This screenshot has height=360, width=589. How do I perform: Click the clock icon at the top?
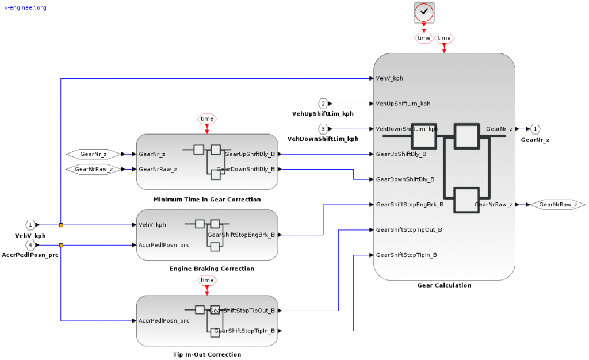[x=424, y=12]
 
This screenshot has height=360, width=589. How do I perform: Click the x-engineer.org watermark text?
[x=25, y=8]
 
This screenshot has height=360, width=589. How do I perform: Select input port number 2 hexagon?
[x=323, y=104]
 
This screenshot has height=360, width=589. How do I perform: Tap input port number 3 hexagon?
[x=323, y=128]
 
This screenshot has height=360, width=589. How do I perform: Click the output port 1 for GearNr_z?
[x=535, y=129]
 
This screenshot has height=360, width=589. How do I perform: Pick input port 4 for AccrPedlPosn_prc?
[x=30, y=245]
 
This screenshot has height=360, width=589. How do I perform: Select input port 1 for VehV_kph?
[x=30, y=225]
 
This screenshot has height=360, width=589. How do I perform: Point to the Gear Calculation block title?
[x=444, y=285]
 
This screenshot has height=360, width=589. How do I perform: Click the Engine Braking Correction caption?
[x=212, y=269]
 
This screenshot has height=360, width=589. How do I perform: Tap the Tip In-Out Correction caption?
[x=207, y=354]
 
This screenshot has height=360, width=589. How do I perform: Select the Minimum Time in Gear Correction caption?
[x=207, y=200]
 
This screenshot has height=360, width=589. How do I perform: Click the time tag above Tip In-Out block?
[x=207, y=280]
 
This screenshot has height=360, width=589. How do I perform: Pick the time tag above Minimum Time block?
[x=207, y=119]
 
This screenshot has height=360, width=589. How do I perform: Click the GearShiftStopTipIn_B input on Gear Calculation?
[x=406, y=255]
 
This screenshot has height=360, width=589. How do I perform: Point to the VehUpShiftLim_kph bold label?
[x=323, y=114]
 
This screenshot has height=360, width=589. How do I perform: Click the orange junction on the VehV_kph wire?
[x=61, y=225]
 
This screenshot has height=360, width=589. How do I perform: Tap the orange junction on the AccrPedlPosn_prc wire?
[x=61, y=245]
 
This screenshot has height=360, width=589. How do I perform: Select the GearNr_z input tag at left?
[x=94, y=154]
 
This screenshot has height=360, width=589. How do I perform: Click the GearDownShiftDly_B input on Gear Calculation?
[x=405, y=179]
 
